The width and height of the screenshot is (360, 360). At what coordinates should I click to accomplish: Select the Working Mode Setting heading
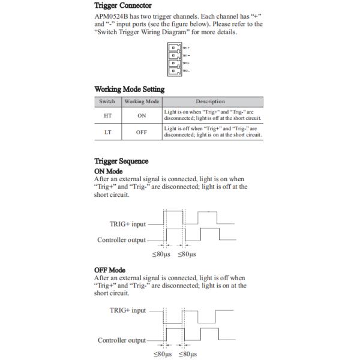(130, 89)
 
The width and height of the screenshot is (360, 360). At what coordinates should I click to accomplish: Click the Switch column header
(107, 101)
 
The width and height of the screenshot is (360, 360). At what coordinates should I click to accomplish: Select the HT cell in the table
(107, 115)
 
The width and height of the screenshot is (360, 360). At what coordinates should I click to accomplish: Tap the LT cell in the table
(107, 131)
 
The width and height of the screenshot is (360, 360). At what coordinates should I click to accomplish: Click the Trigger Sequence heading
(121, 161)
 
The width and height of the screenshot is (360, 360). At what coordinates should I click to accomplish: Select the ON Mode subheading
(109, 171)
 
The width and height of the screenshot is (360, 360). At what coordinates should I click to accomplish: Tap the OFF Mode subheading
(110, 270)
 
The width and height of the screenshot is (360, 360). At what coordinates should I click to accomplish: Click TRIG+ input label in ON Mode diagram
(128, 224)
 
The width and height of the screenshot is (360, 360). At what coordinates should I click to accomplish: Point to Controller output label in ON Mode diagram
(121, 240)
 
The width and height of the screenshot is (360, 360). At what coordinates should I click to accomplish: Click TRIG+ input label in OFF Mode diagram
(128, 310)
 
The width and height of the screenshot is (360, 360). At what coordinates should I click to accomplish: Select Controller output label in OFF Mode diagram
(121, 340)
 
